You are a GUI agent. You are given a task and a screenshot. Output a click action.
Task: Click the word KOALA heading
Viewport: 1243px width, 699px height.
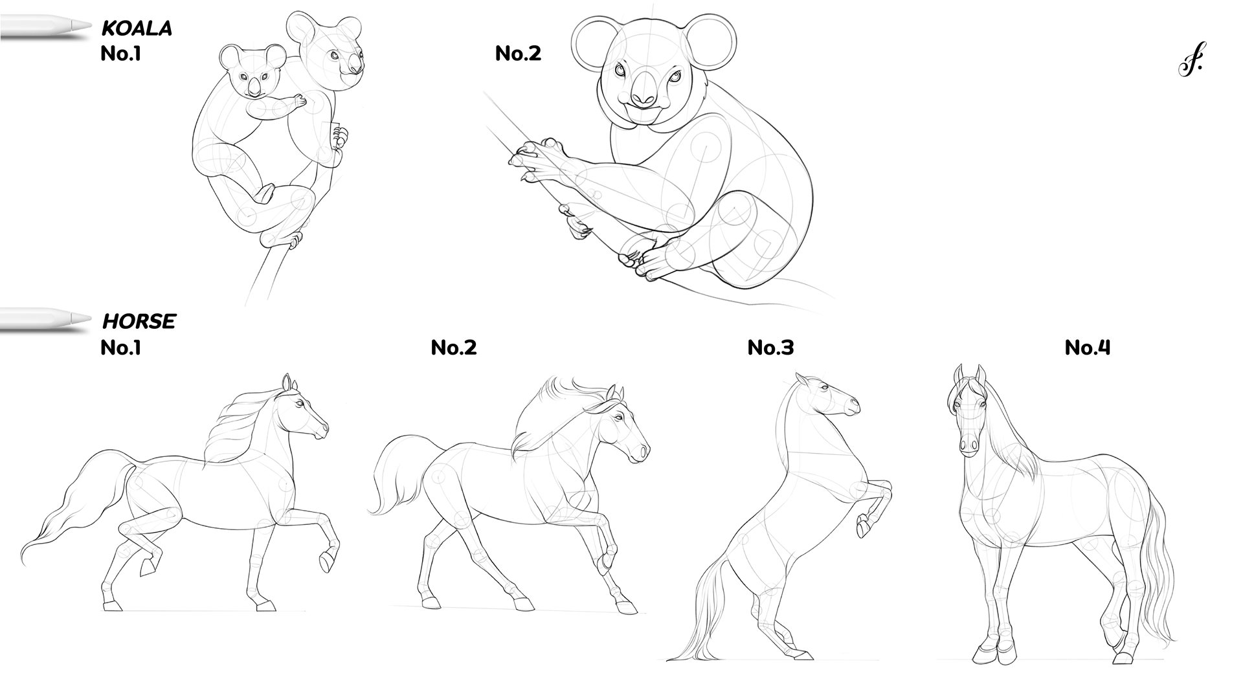click(137, 28)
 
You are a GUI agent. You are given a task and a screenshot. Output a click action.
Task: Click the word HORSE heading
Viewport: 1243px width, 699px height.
click(139, 321)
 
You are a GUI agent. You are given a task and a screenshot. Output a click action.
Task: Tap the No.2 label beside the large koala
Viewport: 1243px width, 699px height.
click(518, 53)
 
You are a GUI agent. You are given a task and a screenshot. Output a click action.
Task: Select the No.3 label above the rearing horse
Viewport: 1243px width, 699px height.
click(770, 348)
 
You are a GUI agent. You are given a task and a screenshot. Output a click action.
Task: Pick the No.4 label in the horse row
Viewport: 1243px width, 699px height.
click(1088, 348)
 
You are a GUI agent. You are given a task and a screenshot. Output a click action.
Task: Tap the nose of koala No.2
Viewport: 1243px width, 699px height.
click(643, 91)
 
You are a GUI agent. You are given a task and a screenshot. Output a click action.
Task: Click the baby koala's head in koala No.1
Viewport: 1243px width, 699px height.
click(254, 72)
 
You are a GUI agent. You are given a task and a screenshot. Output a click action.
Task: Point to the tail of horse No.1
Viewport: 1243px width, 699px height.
click(78, 505)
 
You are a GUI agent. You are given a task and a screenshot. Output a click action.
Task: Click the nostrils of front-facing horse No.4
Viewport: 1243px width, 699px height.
click(969, 445)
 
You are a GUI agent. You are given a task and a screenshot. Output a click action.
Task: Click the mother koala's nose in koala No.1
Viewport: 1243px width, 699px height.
click(355, 65)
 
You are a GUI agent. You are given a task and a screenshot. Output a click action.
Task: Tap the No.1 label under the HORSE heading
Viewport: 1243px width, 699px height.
click(120, 348)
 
